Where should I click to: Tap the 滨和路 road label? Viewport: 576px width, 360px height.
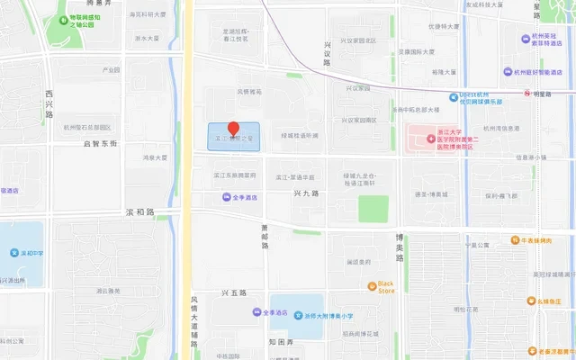coord(139,212)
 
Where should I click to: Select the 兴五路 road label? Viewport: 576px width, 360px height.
coord(233,293)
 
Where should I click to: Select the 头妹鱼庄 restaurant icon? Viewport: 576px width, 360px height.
coord(535,302)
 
